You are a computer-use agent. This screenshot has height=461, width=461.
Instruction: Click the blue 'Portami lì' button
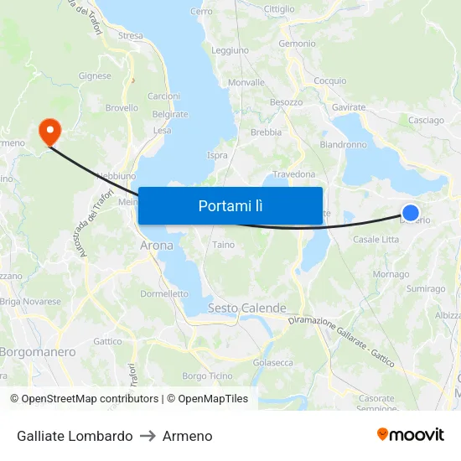230,205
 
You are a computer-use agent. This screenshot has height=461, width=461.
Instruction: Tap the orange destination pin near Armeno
50,130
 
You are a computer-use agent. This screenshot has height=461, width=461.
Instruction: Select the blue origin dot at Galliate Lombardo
411,213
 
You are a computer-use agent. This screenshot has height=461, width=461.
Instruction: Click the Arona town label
157,246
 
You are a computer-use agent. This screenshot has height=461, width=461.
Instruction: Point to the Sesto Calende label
246,308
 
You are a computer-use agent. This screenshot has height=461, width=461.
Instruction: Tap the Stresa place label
131,35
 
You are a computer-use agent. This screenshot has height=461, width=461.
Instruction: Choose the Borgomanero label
37,352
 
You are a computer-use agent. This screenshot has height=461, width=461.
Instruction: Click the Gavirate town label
349,107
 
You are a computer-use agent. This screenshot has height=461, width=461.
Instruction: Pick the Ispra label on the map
217,155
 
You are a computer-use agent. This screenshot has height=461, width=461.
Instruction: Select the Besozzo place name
286,102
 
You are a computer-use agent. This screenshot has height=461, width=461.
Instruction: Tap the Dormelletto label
164,294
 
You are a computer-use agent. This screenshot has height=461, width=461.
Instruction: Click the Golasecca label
273,363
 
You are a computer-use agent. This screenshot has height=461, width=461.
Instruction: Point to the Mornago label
391,274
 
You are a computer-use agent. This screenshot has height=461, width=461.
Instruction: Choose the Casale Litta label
376,240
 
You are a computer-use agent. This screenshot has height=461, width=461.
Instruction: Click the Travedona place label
294,174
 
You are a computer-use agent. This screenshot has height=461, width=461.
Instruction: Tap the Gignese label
95,75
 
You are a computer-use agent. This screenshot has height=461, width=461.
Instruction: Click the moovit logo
411,435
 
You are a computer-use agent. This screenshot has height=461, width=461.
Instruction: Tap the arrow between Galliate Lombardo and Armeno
148,436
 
